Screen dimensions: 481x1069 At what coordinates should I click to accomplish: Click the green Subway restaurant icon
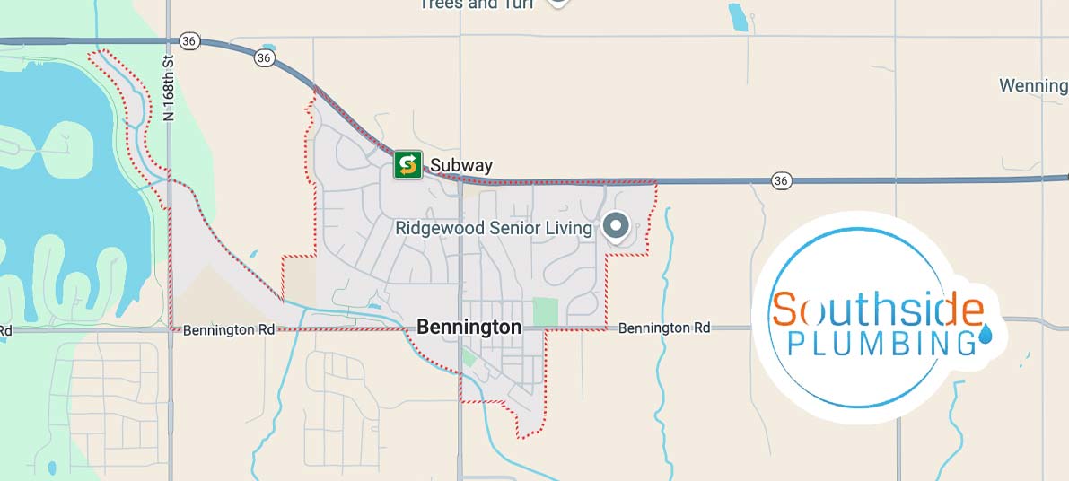pos(407,164)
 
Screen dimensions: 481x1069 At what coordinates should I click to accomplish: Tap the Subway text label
pos(461,165)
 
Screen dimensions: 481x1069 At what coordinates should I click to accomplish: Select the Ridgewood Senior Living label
pos(494,228)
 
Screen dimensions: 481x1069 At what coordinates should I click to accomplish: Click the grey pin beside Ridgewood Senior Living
pos(616,226)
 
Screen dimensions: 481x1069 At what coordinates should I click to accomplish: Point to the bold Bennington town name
pos(469,328)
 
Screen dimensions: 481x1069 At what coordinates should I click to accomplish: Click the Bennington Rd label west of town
pos(229,330)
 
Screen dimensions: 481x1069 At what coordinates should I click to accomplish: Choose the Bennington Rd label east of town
pos(664,328)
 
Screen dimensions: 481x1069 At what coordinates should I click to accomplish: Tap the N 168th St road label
pos(169,87)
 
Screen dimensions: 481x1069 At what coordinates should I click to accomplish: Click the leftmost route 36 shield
pos(188,40)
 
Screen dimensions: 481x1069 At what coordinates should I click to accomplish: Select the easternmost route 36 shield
pos(782,180)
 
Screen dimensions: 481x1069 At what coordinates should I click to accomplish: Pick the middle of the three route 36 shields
pos(263,57)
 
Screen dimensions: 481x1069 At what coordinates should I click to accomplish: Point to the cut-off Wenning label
pos(1033,86)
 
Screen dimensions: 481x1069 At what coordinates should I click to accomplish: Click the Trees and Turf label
pos(476,4)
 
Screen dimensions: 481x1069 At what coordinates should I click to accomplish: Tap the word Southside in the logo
pos(878,310)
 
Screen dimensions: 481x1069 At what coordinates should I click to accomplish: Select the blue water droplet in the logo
pos(986,334)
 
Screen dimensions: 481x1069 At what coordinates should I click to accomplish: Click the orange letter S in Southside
pos(784,310)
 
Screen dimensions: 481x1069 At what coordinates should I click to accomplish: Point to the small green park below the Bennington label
pos(469,358)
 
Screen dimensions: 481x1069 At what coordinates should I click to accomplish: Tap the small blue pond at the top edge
pos(738,16)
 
